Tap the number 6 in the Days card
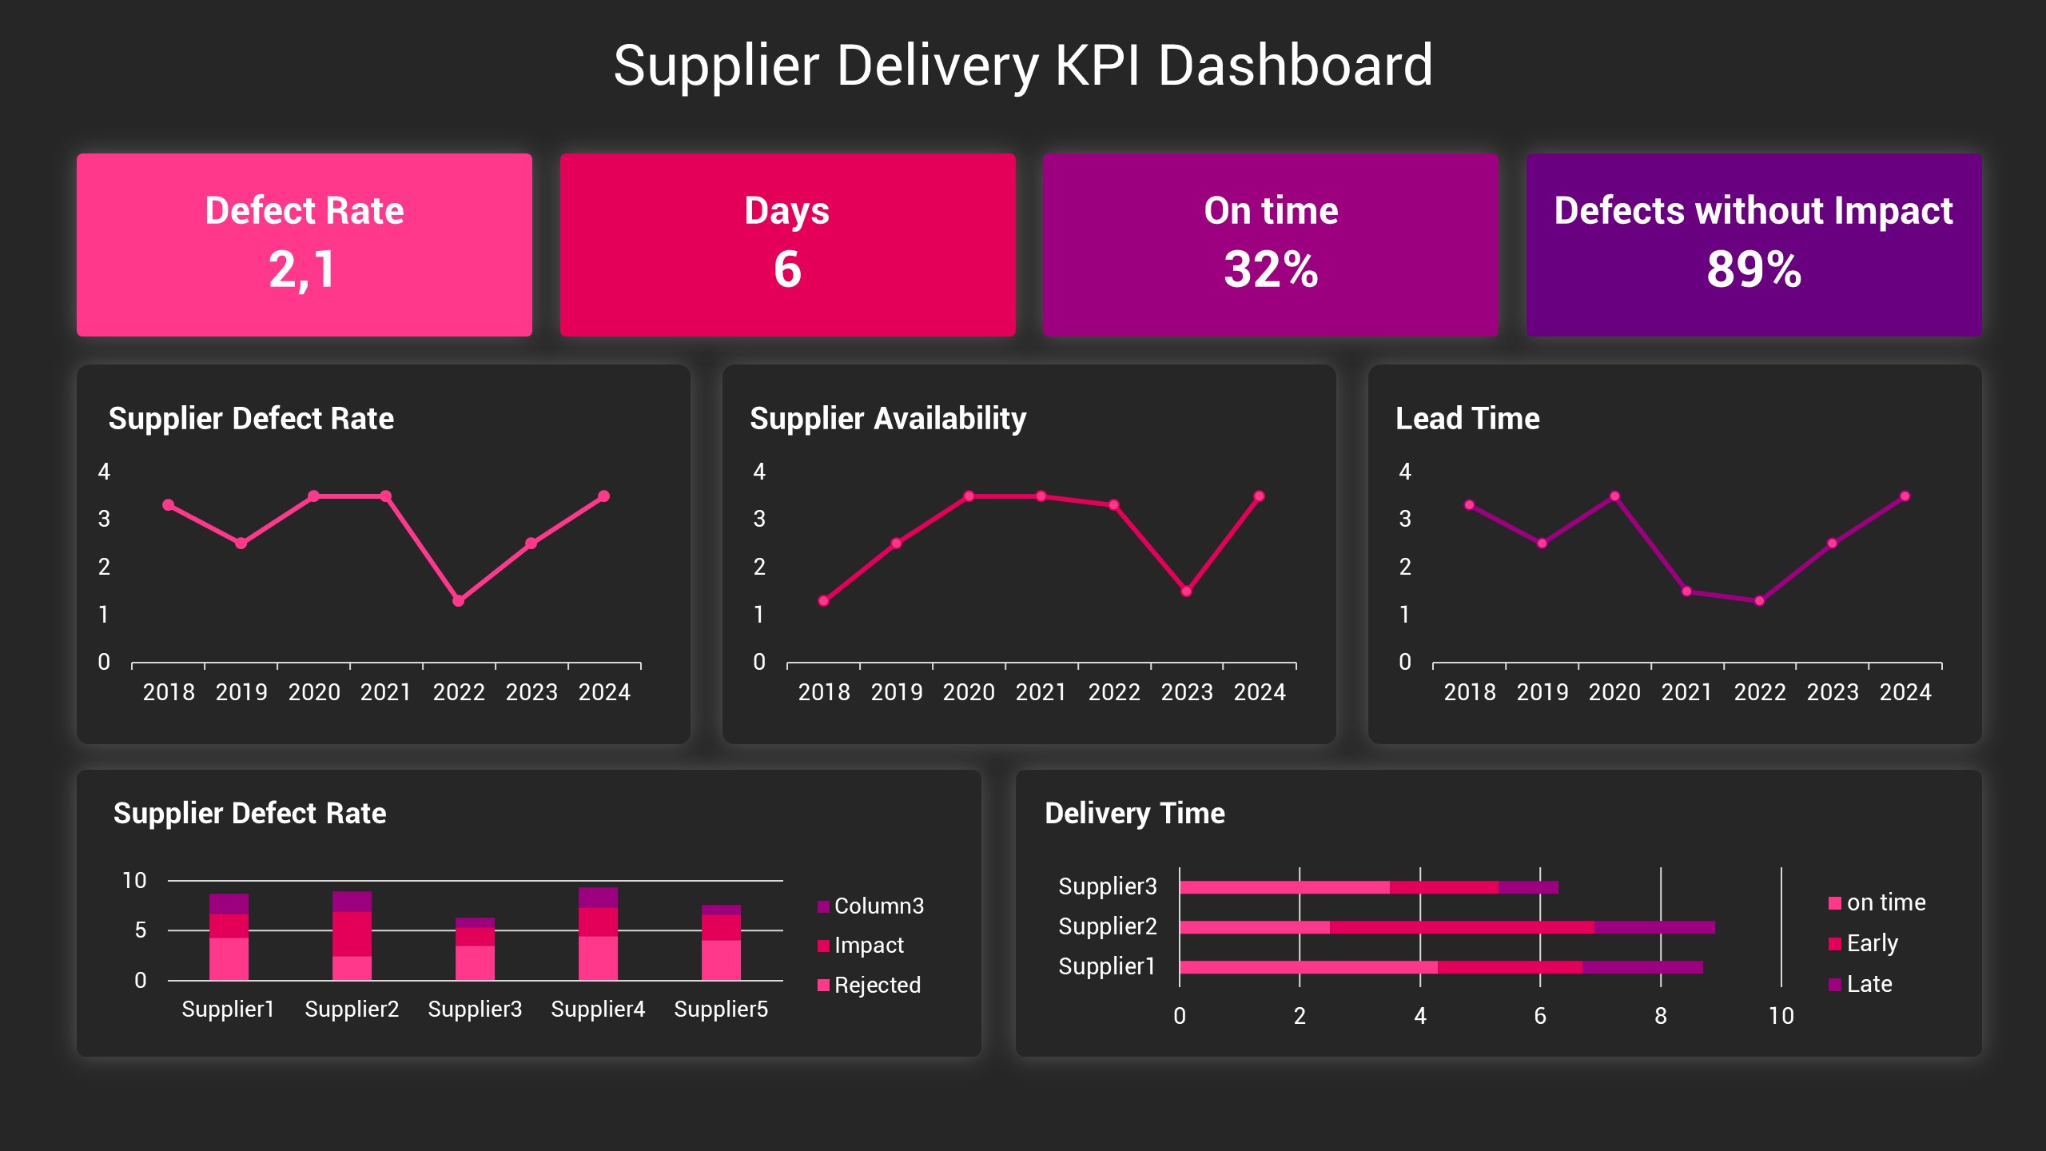[x=787, y=269]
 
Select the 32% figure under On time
[x=1271, y=269]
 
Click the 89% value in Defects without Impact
[x=1753, y=269]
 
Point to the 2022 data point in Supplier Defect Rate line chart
[x=458, y=600]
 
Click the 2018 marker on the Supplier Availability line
[x=823, y=600]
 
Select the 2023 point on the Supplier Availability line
[x=1186, y=591]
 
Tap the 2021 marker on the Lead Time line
[x=1686, y=591]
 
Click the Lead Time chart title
[x=1467, y=418]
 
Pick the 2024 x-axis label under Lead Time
[x=1905, y=692]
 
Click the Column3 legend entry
[x=878, y=906]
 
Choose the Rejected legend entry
[x=876, y=985]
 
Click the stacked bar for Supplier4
[x=598, y=935]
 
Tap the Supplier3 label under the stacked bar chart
[x=475, y=1009]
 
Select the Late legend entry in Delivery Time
[x=1868, y=984]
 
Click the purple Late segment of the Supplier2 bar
[x=1654, y=927]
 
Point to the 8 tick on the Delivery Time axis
[x=1661, y=1016]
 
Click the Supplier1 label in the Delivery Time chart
[x=1107, y=966]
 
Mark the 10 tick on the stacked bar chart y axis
[x=134, y=881]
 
